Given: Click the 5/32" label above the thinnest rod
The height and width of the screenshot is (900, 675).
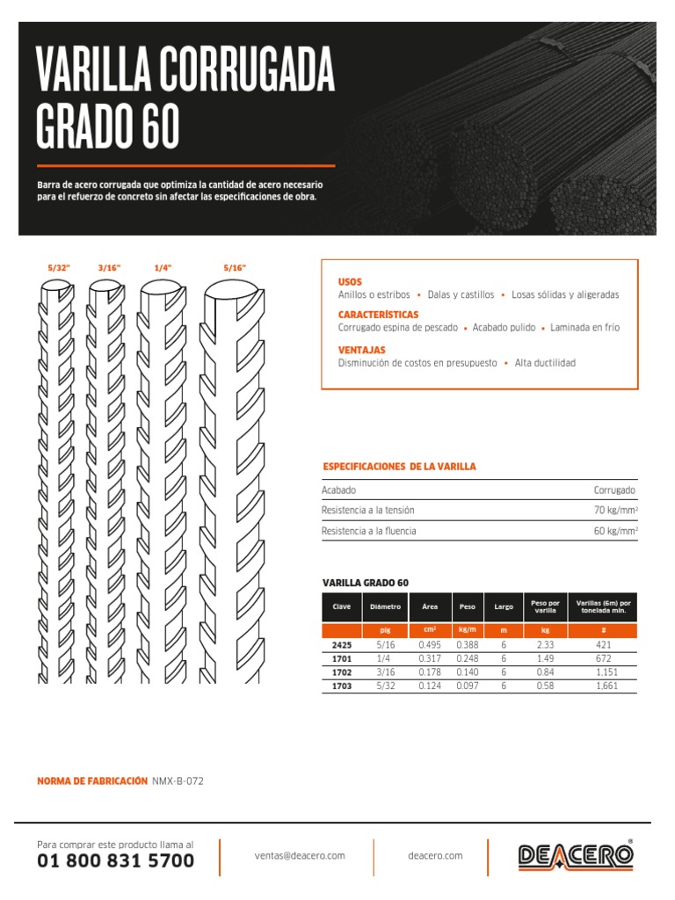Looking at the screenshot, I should pyautogui.click(x=59, y=266).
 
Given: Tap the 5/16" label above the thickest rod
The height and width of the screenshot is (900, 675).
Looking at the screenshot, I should pyautogui.click(x=235, y=266).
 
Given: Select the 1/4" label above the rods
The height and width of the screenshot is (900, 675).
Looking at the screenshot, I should pyautogui.click(x=163, y=266).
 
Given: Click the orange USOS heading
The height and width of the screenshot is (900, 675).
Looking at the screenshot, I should pyautogui.click(x=350, y=281).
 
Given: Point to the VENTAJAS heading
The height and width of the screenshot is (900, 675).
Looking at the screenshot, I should pyautogui.click(x=362, y=350).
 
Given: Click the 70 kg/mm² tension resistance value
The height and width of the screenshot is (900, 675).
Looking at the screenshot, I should pyautogui.click(x=615, y=511).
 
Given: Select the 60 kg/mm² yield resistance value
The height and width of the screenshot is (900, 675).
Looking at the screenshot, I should pyautogui.click(x=615, y=531).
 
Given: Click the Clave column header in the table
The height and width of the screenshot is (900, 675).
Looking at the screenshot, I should pyautogui.click(x=341, y=607).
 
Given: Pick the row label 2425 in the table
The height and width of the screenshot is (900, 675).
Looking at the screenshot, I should pyautogui.click(x=341, y=645).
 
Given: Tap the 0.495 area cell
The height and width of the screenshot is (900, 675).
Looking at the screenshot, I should pyautogui.click(x=430, y=645).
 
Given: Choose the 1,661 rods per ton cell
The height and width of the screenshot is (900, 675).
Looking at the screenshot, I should pyautogui.click(x=602, y=686).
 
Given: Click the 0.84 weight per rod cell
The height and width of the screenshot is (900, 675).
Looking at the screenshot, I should pyautogui.click(x=545, y=672).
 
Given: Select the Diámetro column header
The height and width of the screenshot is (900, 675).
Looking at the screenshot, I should pyautogui.click(x=385, y=607).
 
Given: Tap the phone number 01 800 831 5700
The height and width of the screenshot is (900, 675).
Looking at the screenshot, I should pyautogui.click(x=115, y=861).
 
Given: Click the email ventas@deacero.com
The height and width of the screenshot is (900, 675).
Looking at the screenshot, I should pyautogui.click(x=300, y=855).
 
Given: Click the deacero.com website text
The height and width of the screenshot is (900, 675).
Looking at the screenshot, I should pyautogui.click(x=435, y=855).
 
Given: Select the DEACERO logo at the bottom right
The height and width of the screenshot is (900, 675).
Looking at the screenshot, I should pyautogui.click(x=575, y=856).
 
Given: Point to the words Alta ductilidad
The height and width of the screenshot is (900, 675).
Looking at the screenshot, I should pyautogui.click(x=545, y=363).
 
